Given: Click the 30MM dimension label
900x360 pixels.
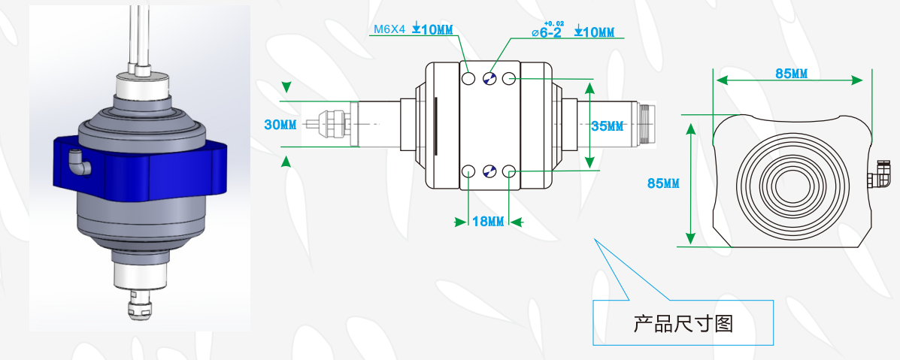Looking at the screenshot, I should coord(280,124).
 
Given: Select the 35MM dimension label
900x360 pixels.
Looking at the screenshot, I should coord(608,126).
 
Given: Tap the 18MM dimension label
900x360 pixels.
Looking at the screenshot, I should coord(487,221).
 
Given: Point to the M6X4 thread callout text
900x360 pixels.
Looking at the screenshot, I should coord(389,31).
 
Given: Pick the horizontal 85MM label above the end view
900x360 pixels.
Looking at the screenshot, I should coord(791,73).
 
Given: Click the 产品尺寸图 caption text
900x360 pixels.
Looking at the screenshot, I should coord(683,324).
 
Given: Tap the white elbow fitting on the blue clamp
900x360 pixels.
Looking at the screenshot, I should coord(77,161).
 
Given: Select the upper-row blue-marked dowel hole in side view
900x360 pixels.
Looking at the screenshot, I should coord(489,78).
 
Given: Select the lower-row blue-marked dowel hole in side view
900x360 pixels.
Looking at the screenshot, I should coord(489,171).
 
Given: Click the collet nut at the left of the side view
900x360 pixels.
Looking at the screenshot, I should coord(332,125).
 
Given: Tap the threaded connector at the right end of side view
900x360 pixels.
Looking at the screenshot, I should coord(648,125).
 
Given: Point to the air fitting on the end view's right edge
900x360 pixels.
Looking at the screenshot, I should coord(878,178).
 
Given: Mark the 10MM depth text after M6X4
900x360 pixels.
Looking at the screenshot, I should coord(437,31).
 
